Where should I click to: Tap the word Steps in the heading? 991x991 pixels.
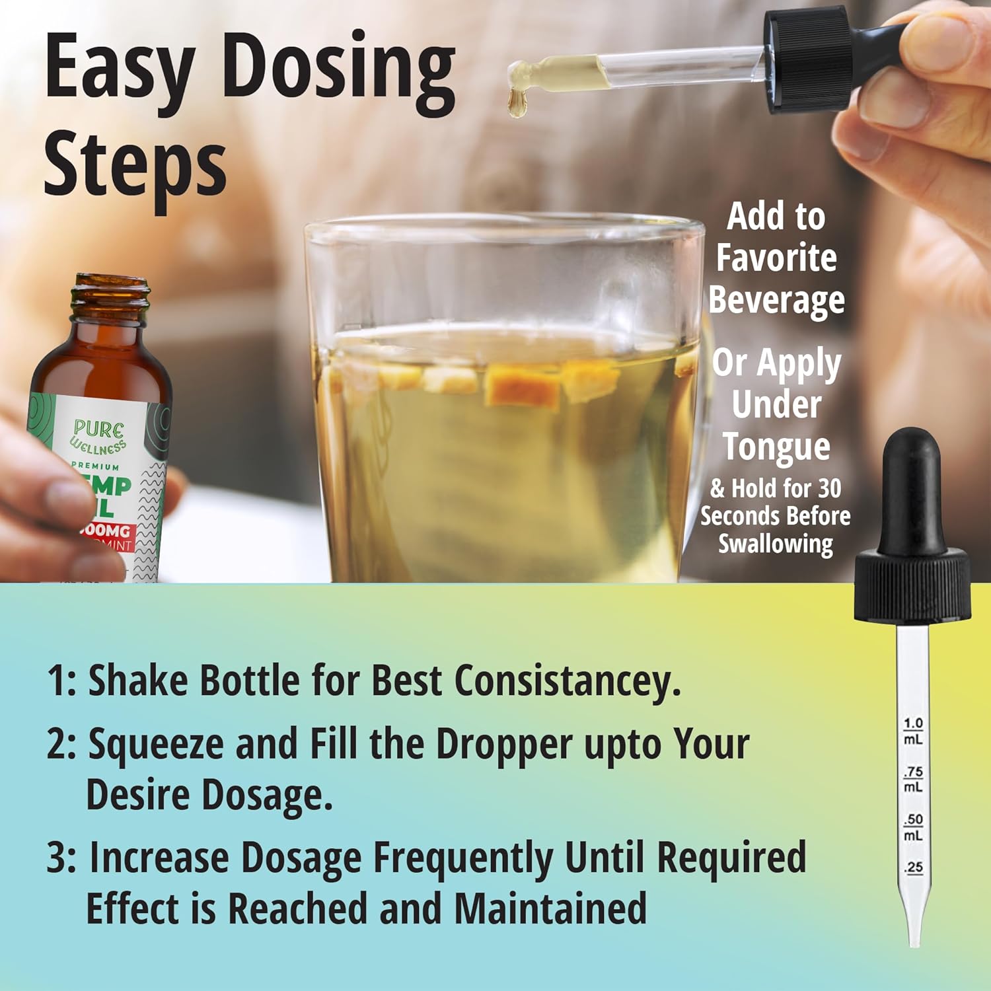(x=135, y=165)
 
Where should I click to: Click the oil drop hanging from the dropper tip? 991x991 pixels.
(x=517, y=104)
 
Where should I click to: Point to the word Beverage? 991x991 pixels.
(x=776, y=301)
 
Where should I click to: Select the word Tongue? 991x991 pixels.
(x=776, y=447)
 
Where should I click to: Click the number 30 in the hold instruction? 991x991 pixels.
(x=829, y=489)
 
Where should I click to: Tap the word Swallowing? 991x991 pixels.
(x=776, y=544)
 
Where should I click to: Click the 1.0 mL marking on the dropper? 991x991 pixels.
(x=913, y=731)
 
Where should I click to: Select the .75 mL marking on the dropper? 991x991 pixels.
(x=913, y=779)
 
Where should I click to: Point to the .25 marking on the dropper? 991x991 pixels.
(x=914, y=867)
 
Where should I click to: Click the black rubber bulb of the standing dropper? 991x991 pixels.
(x=912, y=489)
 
